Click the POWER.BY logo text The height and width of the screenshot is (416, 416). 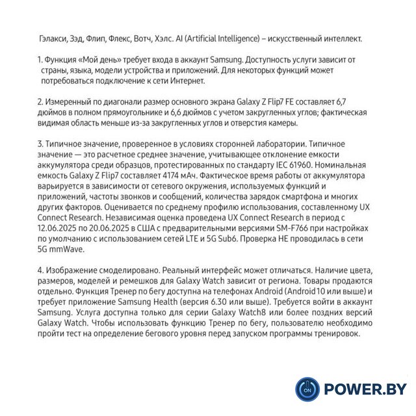coord(365,389)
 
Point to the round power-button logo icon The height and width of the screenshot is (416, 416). coord(307,389)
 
